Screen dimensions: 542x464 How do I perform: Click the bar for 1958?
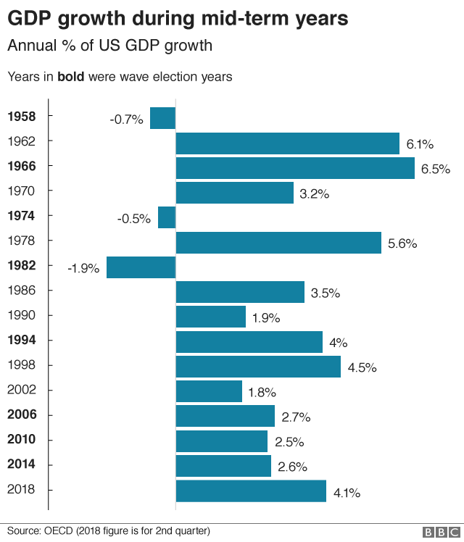coord(162,118)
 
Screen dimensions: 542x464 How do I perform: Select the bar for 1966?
coord(295,168)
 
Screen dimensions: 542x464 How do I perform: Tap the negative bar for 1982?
coord(141,267)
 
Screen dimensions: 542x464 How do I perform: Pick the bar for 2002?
coord(209,392)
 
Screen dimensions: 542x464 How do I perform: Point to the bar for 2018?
coord(251,491)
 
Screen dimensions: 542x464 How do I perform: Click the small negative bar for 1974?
coord(167,217)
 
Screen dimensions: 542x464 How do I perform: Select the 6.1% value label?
coord(420,144)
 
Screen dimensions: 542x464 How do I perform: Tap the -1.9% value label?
coord(83,268)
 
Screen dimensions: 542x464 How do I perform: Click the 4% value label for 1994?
coord(338,343)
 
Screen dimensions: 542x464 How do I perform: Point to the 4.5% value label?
coord(362,367)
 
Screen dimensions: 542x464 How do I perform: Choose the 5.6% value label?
coord(402,243)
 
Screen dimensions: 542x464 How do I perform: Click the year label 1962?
coord(21,141)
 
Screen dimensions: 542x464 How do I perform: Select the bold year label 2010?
coord(21,440)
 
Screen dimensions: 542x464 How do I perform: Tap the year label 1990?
coord(21,315)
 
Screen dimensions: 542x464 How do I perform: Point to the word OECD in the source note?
coord(62,531)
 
